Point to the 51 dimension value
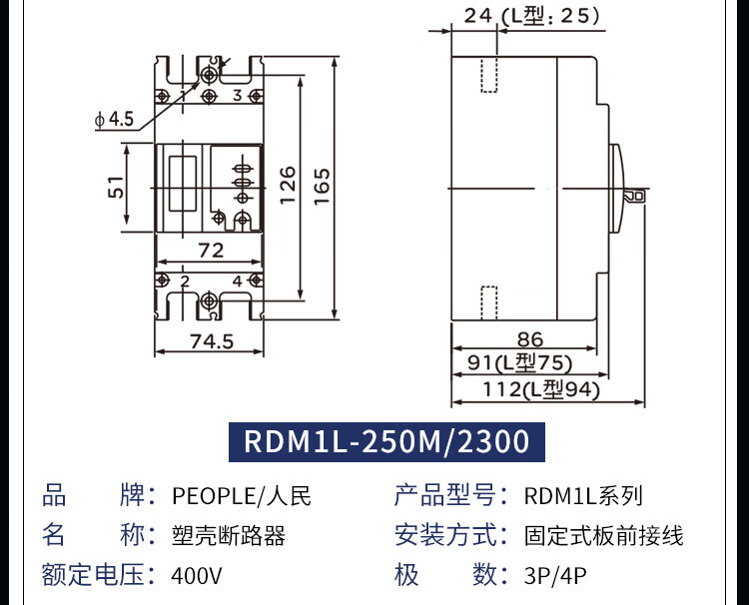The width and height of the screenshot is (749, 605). click(117, 187)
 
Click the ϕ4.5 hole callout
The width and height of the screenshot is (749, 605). click(115, 120)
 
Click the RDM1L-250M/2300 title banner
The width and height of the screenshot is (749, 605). click(386, 441)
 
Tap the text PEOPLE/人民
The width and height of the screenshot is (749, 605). click(243, 496)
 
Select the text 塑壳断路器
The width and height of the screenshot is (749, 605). click(229, 536)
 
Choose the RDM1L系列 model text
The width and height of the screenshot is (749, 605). click(583, 496)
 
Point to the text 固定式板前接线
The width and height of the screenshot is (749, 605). click(603, 536)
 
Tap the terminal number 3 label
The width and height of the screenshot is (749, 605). click(238, 96)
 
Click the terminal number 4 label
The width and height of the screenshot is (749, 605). click(238, 282)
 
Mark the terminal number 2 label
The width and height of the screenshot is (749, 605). click(185, 282)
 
